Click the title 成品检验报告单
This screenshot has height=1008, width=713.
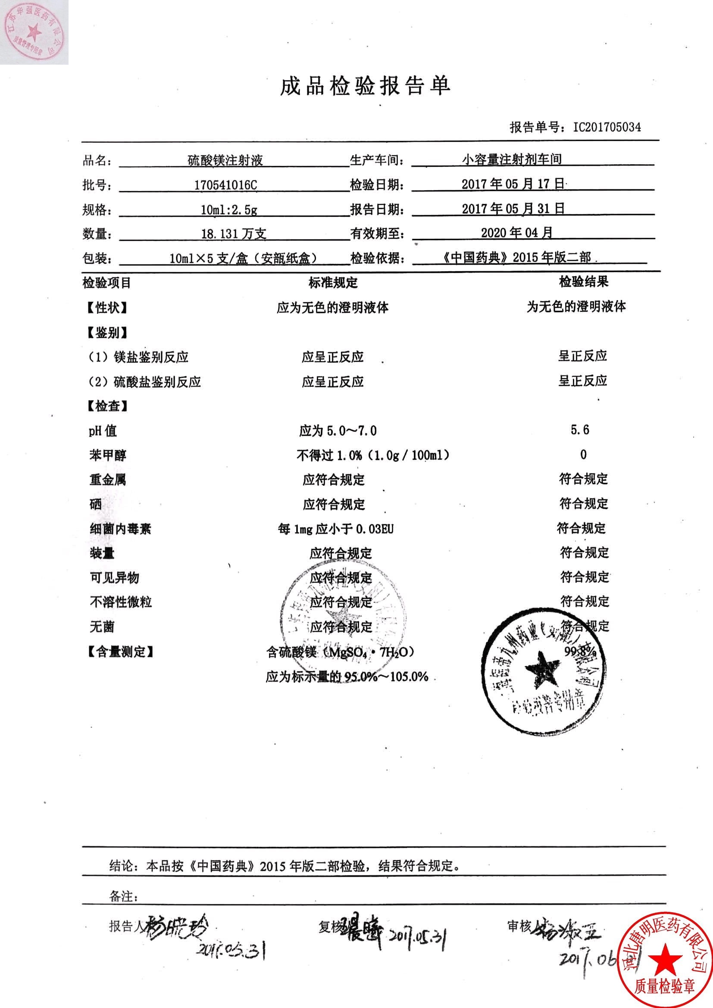[x=365, y=86]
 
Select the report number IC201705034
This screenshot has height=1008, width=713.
[x=607, y=127]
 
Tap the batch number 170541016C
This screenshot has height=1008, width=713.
[x=225, y=185]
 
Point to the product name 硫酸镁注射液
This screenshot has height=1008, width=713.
[x=225, y=160]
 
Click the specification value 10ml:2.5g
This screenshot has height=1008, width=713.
[x=229, y=210]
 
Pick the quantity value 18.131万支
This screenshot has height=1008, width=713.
[x=234, y=234]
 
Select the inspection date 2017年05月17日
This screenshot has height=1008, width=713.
[x=513, y=184]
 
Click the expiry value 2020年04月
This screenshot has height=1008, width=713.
[x=516, y=233]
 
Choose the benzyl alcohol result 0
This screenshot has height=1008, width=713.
[x=583, y=454]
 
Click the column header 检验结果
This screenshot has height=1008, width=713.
[x=584, y=282]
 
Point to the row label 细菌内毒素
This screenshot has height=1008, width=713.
[x=120, y=529]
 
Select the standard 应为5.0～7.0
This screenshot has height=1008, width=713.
[x=338, y=431]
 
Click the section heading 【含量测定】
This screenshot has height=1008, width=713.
[x=119, y=651]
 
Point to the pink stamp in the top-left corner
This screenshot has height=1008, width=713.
[x=33, y=32]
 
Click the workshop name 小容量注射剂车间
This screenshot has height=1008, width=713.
[x=512, y=160]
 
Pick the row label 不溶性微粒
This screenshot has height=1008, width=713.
[x=121, y=601]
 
